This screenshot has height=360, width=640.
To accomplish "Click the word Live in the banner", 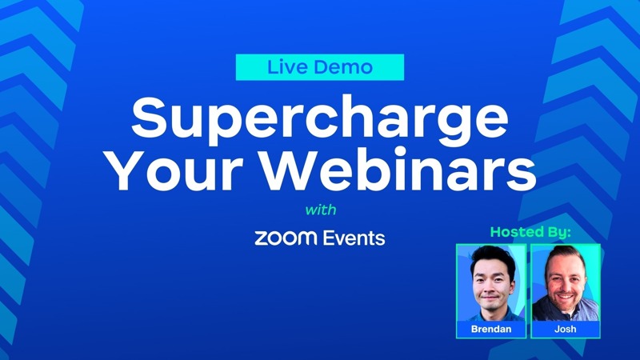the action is click(x=284, y=67).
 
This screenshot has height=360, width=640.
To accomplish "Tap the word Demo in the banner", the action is click(x=338, y=67).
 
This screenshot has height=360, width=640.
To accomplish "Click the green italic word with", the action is click(x=321, y=210).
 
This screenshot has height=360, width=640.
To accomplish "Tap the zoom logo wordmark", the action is click(x=286, y=238).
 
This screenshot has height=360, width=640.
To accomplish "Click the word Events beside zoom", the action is click(x=354, y=238).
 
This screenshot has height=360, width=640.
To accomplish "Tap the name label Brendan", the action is click(x=491, y=329).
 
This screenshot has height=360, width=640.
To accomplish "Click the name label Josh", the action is click(x=566, y=329).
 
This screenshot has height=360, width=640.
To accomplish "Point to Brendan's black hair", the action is click(x=493, y=257).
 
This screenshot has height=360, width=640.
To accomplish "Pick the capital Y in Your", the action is click(x=128, y=170).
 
